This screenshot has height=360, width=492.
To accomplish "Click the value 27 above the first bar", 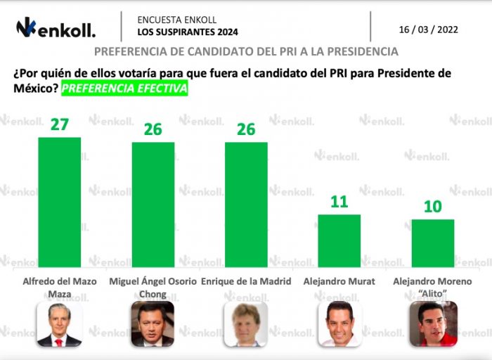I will point(59,124).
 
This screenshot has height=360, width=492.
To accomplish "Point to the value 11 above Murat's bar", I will point(339,202).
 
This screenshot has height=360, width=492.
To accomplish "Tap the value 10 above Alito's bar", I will point(432,207).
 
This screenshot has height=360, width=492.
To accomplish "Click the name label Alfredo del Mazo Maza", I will point(59,286).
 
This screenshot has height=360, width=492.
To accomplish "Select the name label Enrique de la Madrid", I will point(246,281).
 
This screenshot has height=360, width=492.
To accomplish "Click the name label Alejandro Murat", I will point(339,281).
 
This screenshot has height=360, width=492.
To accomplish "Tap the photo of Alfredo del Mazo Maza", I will point(59,324).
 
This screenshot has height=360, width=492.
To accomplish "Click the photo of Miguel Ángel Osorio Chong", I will point(153,324).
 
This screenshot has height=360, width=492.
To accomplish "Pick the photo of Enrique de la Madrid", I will point(246,324).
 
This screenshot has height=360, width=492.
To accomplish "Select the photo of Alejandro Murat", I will point(339,324).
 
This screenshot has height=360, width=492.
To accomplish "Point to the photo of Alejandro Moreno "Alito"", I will point(433,324).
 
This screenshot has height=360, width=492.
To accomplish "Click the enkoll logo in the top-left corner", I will point(56,28).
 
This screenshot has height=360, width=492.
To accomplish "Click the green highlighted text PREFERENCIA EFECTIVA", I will point(124,89).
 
